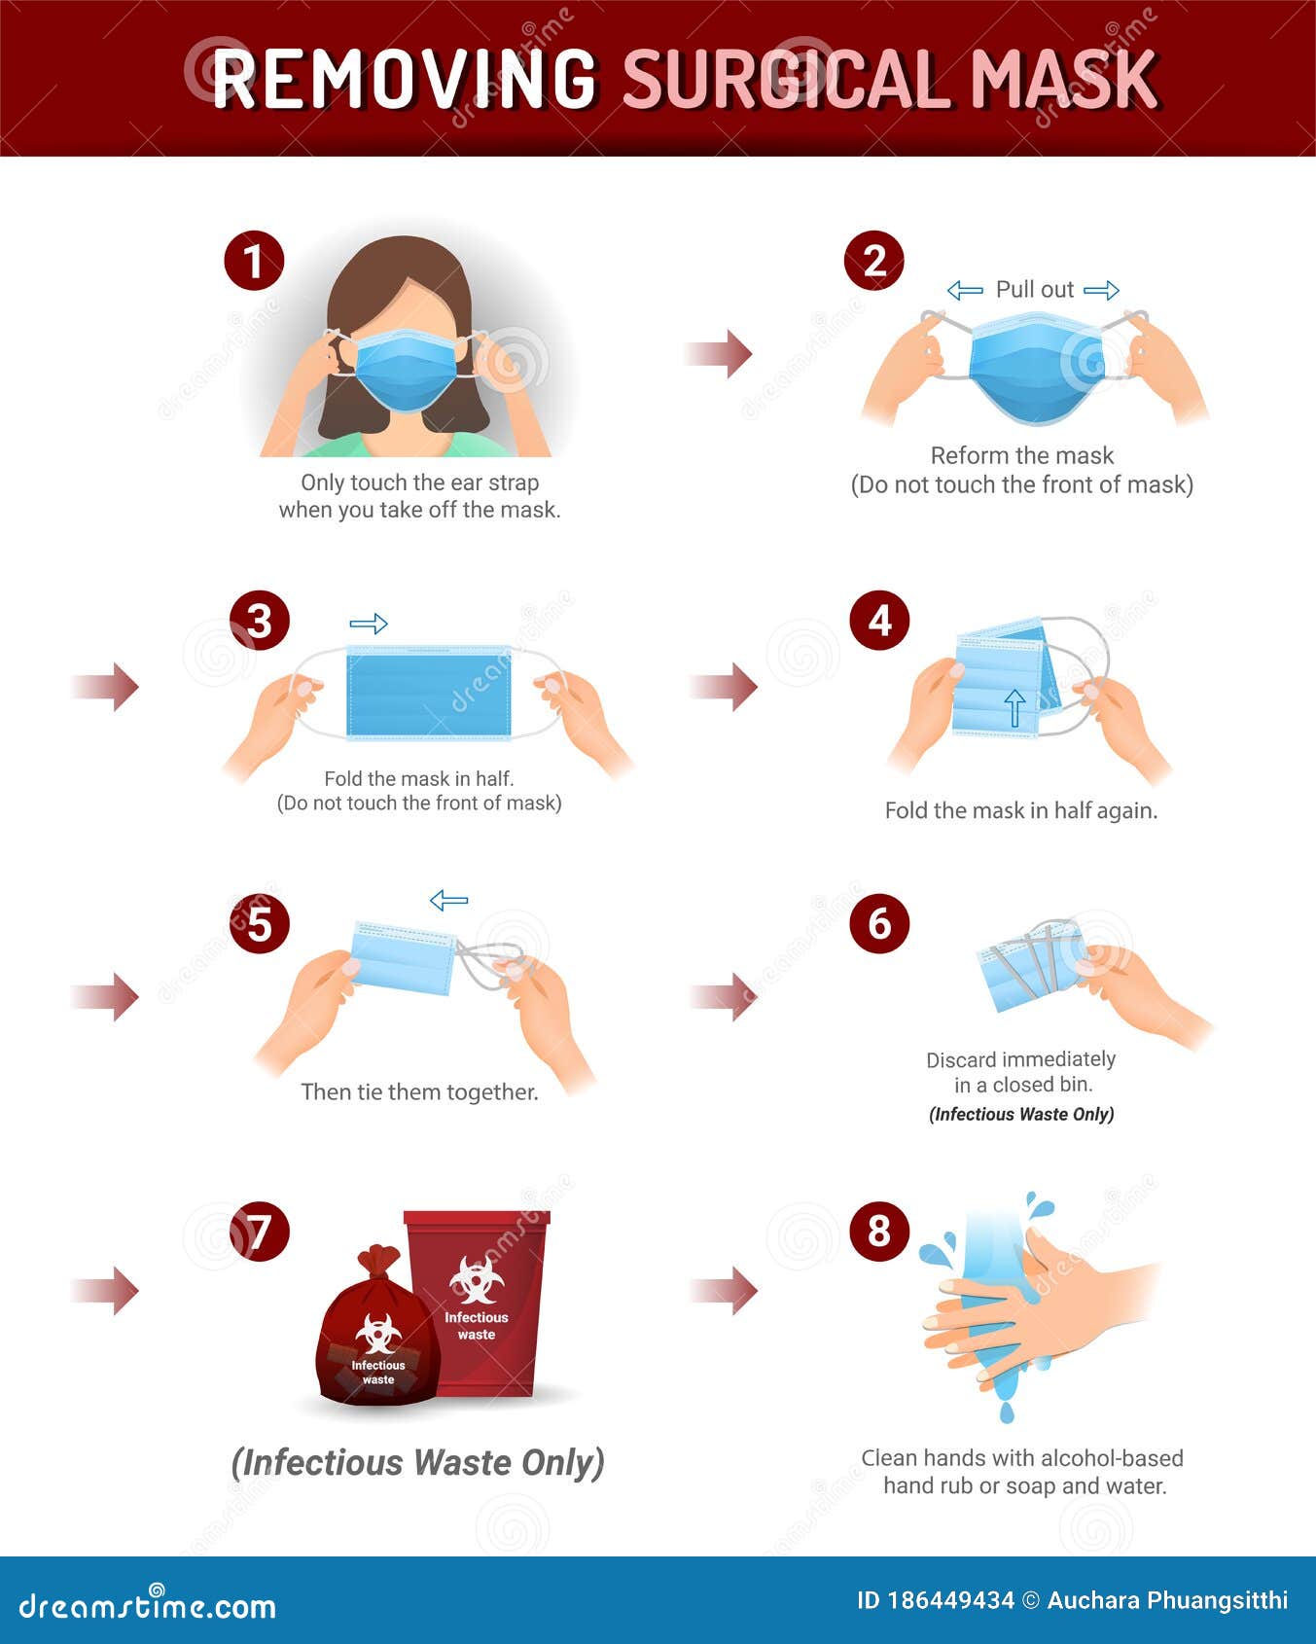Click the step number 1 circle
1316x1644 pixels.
click(x=254, y=262)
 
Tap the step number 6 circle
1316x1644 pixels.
click(x=879, y=923)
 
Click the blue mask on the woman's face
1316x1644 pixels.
click(x=406, y=369)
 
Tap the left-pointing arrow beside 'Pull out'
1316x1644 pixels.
click(x=964, y=290)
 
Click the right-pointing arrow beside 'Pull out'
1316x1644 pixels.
click(x=1101, y=290)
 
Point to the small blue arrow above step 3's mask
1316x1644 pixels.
click(x=369, y=624)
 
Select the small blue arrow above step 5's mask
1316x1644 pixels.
click(x=448, y=901)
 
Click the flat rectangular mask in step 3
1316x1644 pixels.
click(x=429, y=693)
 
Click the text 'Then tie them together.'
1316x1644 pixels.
click(x=419, y=1092)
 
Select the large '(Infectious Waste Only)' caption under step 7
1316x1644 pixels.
click(x=417, y=1462)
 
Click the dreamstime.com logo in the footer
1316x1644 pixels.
click(x=148, y=1605)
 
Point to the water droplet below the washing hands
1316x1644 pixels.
click(x=1006, y=1411)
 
